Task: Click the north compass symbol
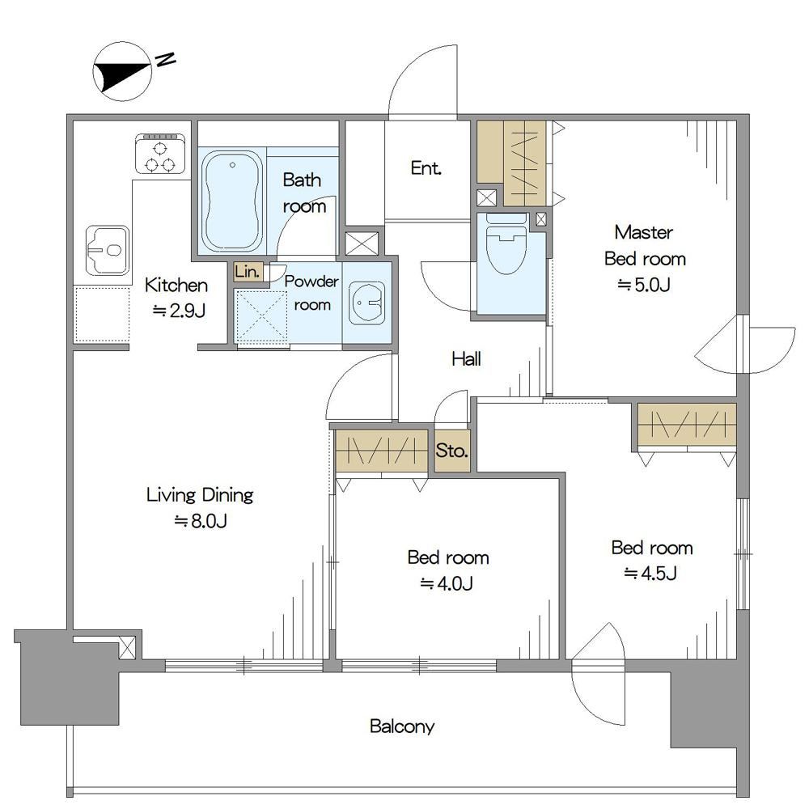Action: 122,71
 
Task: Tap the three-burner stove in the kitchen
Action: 160,153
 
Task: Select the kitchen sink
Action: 108,250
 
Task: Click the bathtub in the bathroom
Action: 232,201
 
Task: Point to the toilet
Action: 506,244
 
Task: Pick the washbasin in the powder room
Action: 366,303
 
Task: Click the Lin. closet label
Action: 248,271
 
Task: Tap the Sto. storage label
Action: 451,451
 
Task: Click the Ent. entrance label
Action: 426,167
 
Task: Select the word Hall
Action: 467,358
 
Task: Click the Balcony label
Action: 402,726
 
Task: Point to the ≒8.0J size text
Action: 201,520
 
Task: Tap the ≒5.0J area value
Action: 645,284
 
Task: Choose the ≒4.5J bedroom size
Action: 650,574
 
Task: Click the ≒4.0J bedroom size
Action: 447,583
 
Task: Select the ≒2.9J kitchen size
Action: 180,311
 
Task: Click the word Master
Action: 644,232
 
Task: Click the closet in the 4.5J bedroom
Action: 687,425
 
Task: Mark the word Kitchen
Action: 176,285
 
